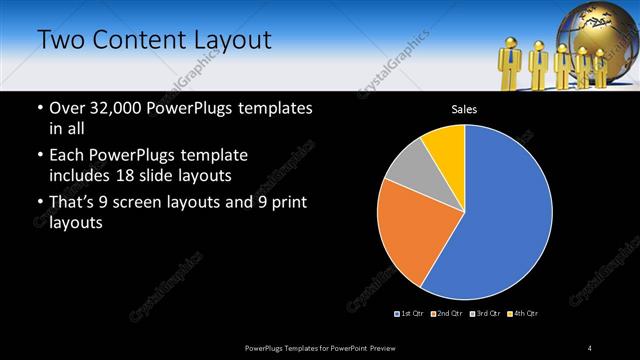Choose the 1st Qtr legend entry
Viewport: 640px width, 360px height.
(410, 314)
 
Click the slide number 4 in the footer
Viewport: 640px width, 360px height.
(590, 347)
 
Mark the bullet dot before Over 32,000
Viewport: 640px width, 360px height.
(38, 108)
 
